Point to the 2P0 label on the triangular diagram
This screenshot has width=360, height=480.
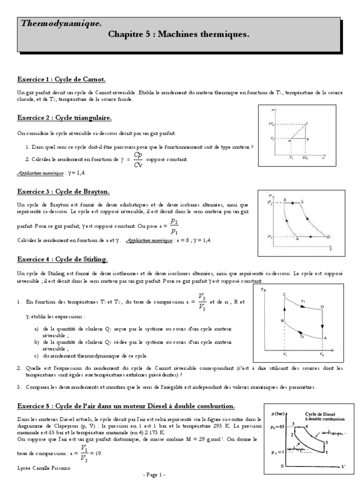(271, 124)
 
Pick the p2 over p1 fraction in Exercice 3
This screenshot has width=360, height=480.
(174, 226)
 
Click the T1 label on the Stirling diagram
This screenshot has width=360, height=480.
(303, 301)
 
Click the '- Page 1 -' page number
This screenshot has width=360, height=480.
(156, 475)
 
